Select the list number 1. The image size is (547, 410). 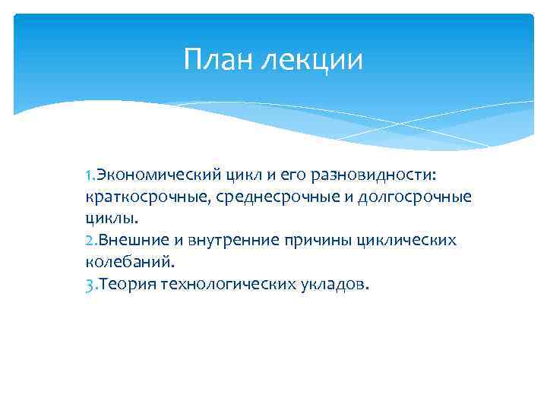90,176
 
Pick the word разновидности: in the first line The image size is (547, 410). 361,176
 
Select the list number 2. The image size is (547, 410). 90,241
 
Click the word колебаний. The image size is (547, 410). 129,262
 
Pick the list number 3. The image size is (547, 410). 90,284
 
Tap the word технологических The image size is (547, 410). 226,284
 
